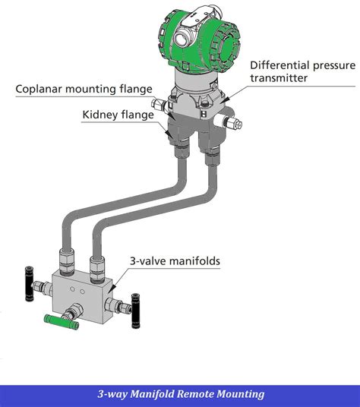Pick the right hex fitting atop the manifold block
pyautogui.click(x=96, y=266)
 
